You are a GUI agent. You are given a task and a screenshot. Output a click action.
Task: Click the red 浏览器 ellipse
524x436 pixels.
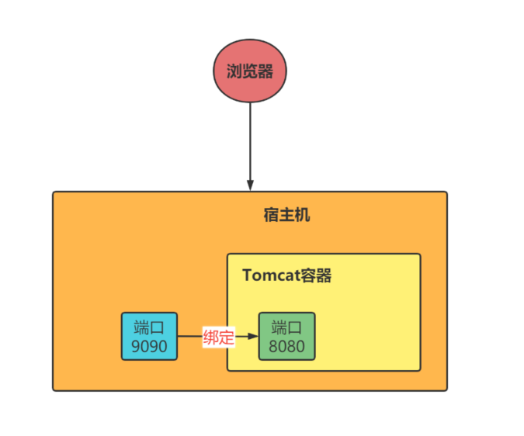click(250, 71)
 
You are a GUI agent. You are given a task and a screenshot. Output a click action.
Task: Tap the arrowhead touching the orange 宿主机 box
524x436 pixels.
click(250, 185)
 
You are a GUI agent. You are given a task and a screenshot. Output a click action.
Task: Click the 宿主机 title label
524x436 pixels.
click(286, 215)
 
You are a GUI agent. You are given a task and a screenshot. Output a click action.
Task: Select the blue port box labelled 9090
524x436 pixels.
click(150, 336)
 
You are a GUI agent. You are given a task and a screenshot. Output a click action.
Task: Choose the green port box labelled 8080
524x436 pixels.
click(286, 336)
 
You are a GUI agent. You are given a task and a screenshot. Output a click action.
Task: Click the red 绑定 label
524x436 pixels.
click(218, 337)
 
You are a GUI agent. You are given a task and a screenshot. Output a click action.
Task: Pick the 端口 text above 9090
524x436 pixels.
click(150, 327)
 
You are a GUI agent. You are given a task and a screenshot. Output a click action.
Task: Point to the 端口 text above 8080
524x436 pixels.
click(286, 327)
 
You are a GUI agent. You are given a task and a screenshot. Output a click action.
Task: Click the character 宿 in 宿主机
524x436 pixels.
click(271, 215)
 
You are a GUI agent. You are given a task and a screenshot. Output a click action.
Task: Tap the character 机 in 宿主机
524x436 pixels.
click(302, 215)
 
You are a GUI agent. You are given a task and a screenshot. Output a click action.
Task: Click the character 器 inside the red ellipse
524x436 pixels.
click(265, 71)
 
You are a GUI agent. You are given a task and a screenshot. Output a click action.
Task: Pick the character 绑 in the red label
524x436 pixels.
click(210, 337)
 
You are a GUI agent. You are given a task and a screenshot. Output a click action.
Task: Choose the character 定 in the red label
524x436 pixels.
click(226, 337)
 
